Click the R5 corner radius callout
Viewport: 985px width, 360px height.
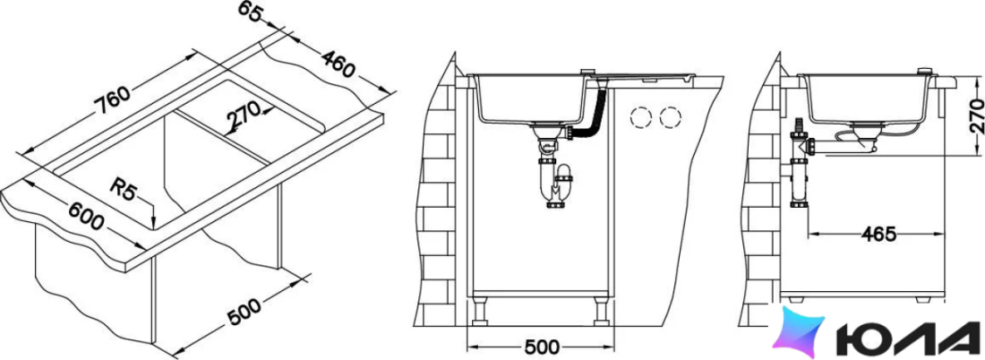[123, 188]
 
